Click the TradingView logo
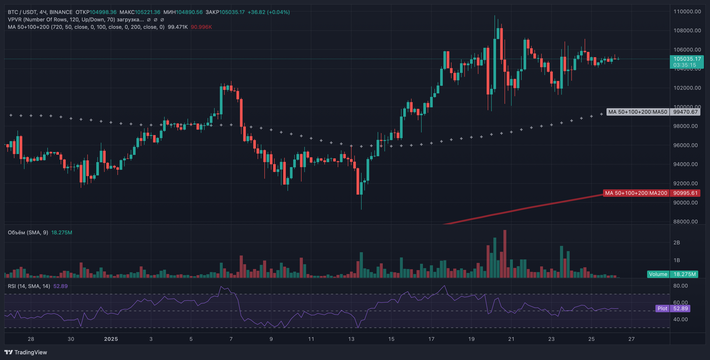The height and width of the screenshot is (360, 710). tap(26, 352)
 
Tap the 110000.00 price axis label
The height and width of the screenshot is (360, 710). tap(687, 12)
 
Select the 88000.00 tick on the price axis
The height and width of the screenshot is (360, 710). tap(686, 222)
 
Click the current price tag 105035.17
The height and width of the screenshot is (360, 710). tap(687, 59)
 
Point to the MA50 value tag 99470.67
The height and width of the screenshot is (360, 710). tap(685, 112)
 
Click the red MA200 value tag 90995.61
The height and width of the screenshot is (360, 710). tap(685, 193)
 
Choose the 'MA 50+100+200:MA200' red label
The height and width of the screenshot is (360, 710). tap(636, 193)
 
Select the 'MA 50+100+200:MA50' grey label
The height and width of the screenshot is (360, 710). tap(638, 112)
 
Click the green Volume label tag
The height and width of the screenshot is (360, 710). tap(658, 274)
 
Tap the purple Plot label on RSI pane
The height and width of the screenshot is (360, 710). tap(662, 309)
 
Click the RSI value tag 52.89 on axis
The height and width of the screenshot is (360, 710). tap(680, 309)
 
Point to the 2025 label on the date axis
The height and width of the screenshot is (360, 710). tap(111, 339)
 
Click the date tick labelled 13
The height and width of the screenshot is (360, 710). tap(351, 339)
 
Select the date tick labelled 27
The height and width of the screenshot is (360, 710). tap(631, 339)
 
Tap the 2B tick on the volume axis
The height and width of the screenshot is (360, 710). tap(677, 243)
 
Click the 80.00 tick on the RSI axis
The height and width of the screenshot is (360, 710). tap(681, 286)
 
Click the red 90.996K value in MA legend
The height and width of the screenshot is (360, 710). tap(201, 27)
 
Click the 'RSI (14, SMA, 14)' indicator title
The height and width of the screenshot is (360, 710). tap(29, 286)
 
